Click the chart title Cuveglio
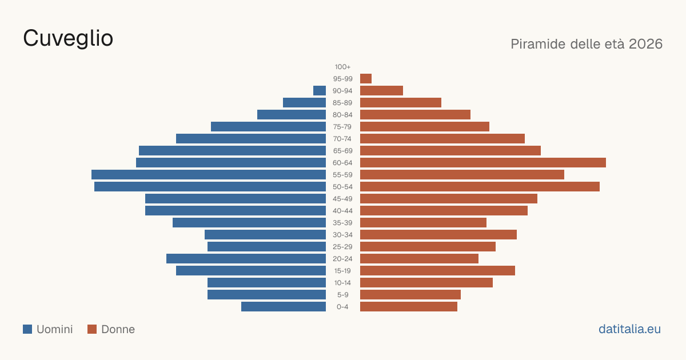[68, 39]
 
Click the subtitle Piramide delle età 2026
[587, 44]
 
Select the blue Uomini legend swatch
[27, 329]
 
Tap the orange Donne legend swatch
[92, 329]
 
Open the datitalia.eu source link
[629, 329]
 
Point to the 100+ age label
[342, 67]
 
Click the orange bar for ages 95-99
[366, 79]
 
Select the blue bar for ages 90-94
[320, 91]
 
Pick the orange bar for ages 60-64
[483, 162]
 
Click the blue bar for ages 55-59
[209, 174]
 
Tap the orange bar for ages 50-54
[480, 186]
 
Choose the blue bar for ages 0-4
[284, 306]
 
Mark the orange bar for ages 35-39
[423, 222]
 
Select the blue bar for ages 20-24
[246, 259]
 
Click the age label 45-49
[342, 199]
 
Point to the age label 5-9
[342, 295]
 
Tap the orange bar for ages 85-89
[401, 102]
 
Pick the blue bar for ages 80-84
[292, 114]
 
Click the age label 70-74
[342, 139]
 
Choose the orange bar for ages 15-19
[438, 271]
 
